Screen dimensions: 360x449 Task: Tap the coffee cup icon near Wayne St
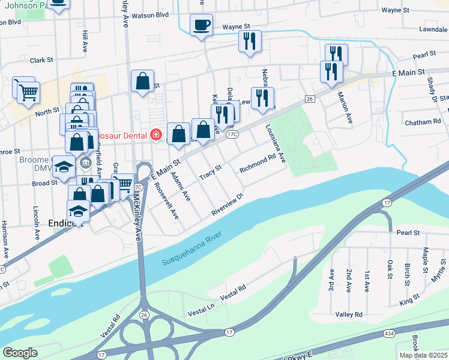201,26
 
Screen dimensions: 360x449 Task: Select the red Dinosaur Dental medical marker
156,135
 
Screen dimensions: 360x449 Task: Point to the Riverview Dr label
228,205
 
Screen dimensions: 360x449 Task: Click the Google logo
19,353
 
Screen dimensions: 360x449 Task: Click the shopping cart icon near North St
27,92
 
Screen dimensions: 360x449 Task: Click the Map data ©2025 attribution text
423,355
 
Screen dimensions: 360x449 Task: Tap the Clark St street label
42,61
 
